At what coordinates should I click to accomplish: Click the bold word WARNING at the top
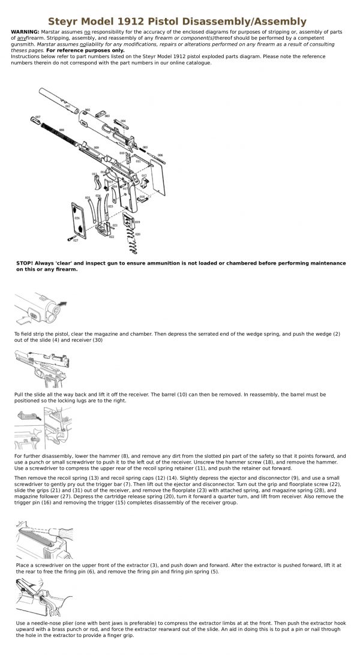(x=25, y=30)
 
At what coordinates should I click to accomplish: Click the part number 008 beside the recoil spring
(x=61, y=130)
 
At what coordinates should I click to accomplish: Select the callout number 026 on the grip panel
(x=77, y=218)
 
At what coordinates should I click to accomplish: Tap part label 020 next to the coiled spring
(x=137, y=234)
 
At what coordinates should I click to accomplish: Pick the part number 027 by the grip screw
(x=76, y=241)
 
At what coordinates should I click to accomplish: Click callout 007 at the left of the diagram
(x=38, y=117)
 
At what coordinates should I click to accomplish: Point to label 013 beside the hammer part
(x=94, y=175)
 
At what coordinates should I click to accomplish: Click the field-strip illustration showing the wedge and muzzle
(x=41, y=308)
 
